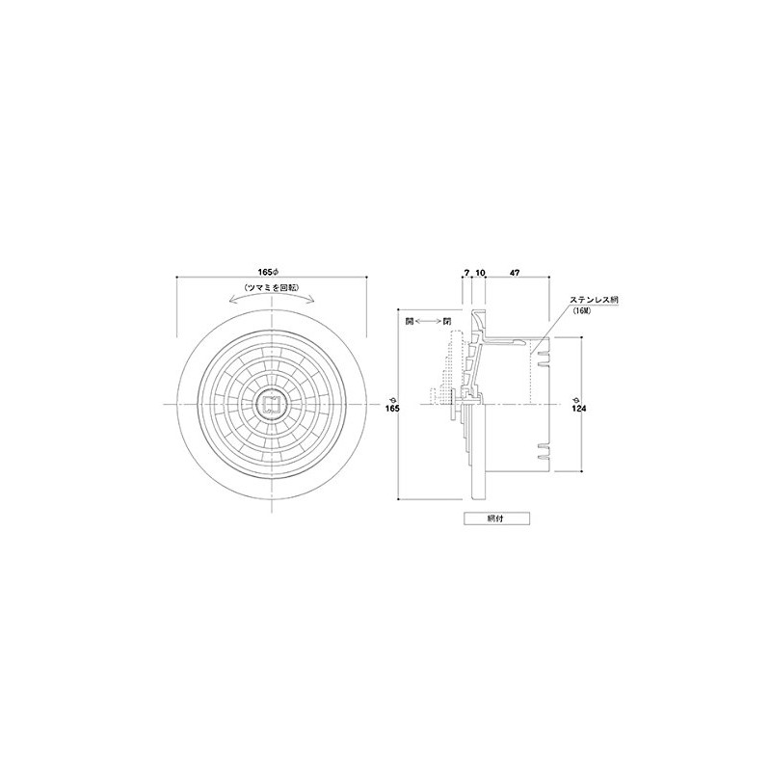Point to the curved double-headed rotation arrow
274,301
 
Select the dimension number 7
465,275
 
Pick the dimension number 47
516,275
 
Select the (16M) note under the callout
582,312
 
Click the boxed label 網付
496,518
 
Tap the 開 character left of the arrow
410,321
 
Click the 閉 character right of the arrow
446,321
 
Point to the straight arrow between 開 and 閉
428,321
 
